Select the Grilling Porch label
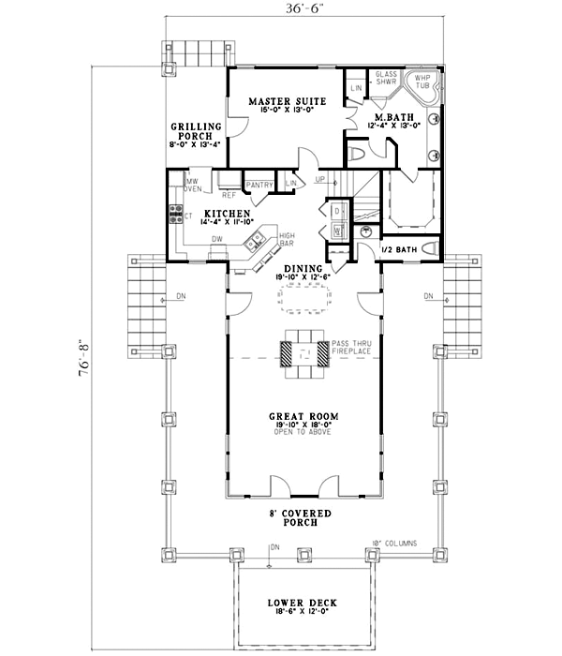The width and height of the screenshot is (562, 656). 195,130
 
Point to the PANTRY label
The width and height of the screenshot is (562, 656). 259,186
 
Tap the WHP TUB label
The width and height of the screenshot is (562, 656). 422,82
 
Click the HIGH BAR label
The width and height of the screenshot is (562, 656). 288,240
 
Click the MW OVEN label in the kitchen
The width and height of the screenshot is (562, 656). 192,185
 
